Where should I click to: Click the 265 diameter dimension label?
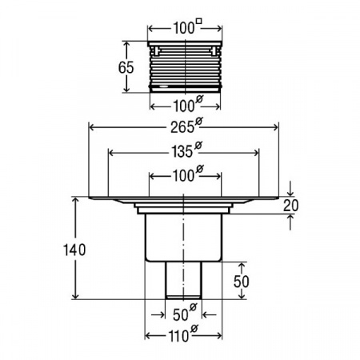click(186, 126)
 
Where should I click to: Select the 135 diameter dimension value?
click(186, 150)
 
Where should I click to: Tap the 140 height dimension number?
click(74, 250)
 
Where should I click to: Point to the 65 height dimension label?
click(126, 67)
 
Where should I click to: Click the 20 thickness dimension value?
click(290, 206)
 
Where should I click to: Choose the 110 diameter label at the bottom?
click(184, 334)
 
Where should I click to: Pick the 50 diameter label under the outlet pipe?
click(185, 313)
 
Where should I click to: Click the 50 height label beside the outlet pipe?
click(242, 282)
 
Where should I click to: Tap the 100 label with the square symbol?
click(188, 26)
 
